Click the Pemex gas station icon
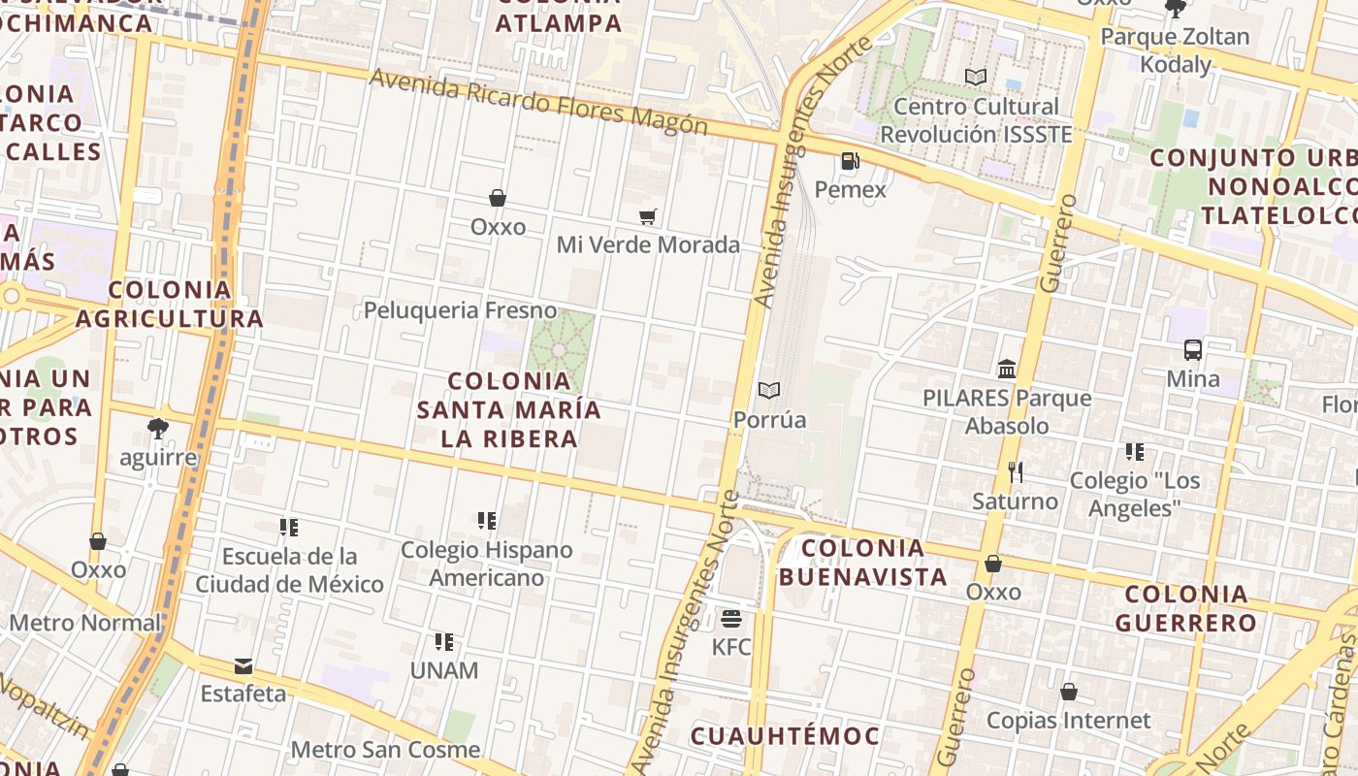pos(850,161)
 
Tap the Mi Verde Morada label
pos(648,244)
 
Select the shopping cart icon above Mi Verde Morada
pos(648,216)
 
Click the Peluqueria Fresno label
pos(460,310)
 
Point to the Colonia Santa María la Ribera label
pos(509,409)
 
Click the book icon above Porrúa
pos(769,391)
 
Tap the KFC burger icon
pos(731,618)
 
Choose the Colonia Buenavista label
pos(863,563)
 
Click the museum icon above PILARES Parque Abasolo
pos(1007,370)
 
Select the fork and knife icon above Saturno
pos(1016,472)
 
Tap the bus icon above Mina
pos(1193,350)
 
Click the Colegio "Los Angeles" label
pos(1135,494)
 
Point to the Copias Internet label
pos(1068,721)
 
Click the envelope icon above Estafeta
pos(243,666)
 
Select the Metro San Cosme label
pos(385,750)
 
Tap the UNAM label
pos(444,670)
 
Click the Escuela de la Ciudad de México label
pos(290,570)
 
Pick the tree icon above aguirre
pos(158,428)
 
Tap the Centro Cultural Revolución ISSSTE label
pos(976,120)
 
